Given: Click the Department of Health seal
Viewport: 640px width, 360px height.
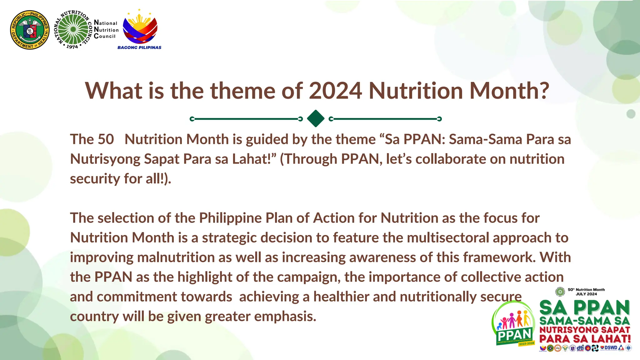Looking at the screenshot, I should pos(30,30).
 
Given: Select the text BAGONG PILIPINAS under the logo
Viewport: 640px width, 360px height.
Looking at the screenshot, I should pos(139,47).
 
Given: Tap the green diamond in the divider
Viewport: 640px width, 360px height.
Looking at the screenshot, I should pos(316,118).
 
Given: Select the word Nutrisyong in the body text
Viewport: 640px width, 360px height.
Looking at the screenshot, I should pos(105,159).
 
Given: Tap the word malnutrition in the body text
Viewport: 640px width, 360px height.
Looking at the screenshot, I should pos(176,257).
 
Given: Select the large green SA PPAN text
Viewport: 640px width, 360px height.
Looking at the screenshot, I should pos(584,308).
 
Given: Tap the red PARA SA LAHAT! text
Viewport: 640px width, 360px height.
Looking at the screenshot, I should pos(585,339).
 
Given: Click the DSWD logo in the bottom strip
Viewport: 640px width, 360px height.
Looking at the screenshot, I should pos(610,348).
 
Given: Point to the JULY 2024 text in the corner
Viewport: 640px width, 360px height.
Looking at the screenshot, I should pos(586,294).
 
